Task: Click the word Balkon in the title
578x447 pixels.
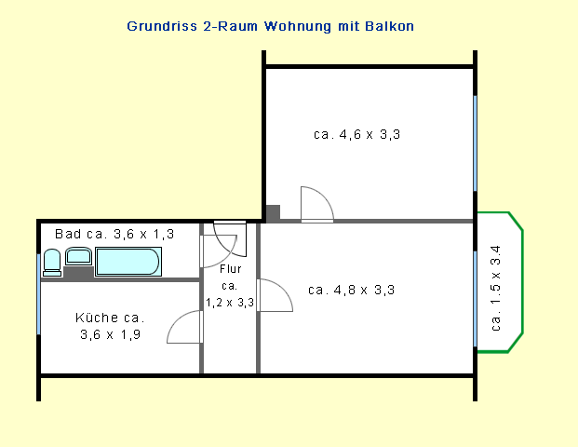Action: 389,26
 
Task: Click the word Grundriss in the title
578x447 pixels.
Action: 162,26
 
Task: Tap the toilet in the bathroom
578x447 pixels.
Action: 52,263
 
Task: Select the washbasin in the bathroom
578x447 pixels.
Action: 78,256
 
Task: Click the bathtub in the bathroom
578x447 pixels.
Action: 128,262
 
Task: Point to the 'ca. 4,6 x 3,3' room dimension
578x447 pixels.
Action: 356,134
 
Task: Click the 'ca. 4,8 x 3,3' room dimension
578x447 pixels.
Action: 351,290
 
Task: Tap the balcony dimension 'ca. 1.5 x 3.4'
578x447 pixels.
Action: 496,288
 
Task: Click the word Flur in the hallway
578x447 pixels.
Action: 231,269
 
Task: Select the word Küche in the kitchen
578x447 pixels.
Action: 97,318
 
